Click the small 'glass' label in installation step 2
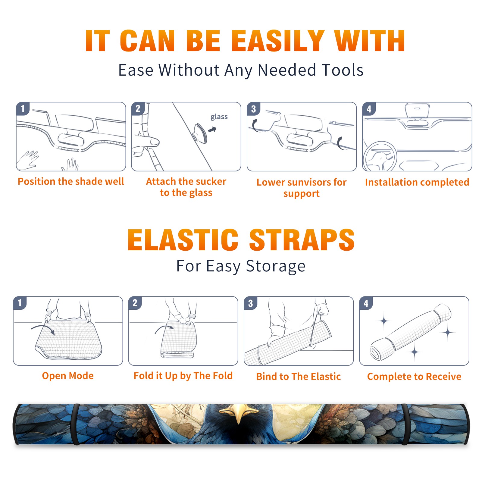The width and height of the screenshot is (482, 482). (219, 117)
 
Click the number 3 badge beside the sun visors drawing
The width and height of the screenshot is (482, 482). (253, 109)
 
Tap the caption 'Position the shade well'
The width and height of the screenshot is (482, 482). (71, 181)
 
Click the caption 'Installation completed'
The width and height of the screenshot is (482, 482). (417, 182)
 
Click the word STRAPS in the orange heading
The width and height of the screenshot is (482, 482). (302, 240)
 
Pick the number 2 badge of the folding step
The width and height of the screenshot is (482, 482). (135, 303)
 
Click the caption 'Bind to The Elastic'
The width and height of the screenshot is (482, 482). (299, 377)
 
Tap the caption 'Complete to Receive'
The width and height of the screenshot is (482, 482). (414, 377)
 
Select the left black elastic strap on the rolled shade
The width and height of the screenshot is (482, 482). (76, 424)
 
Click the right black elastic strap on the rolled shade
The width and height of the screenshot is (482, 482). (405, 424)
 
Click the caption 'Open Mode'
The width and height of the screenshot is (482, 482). (68, 376)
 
